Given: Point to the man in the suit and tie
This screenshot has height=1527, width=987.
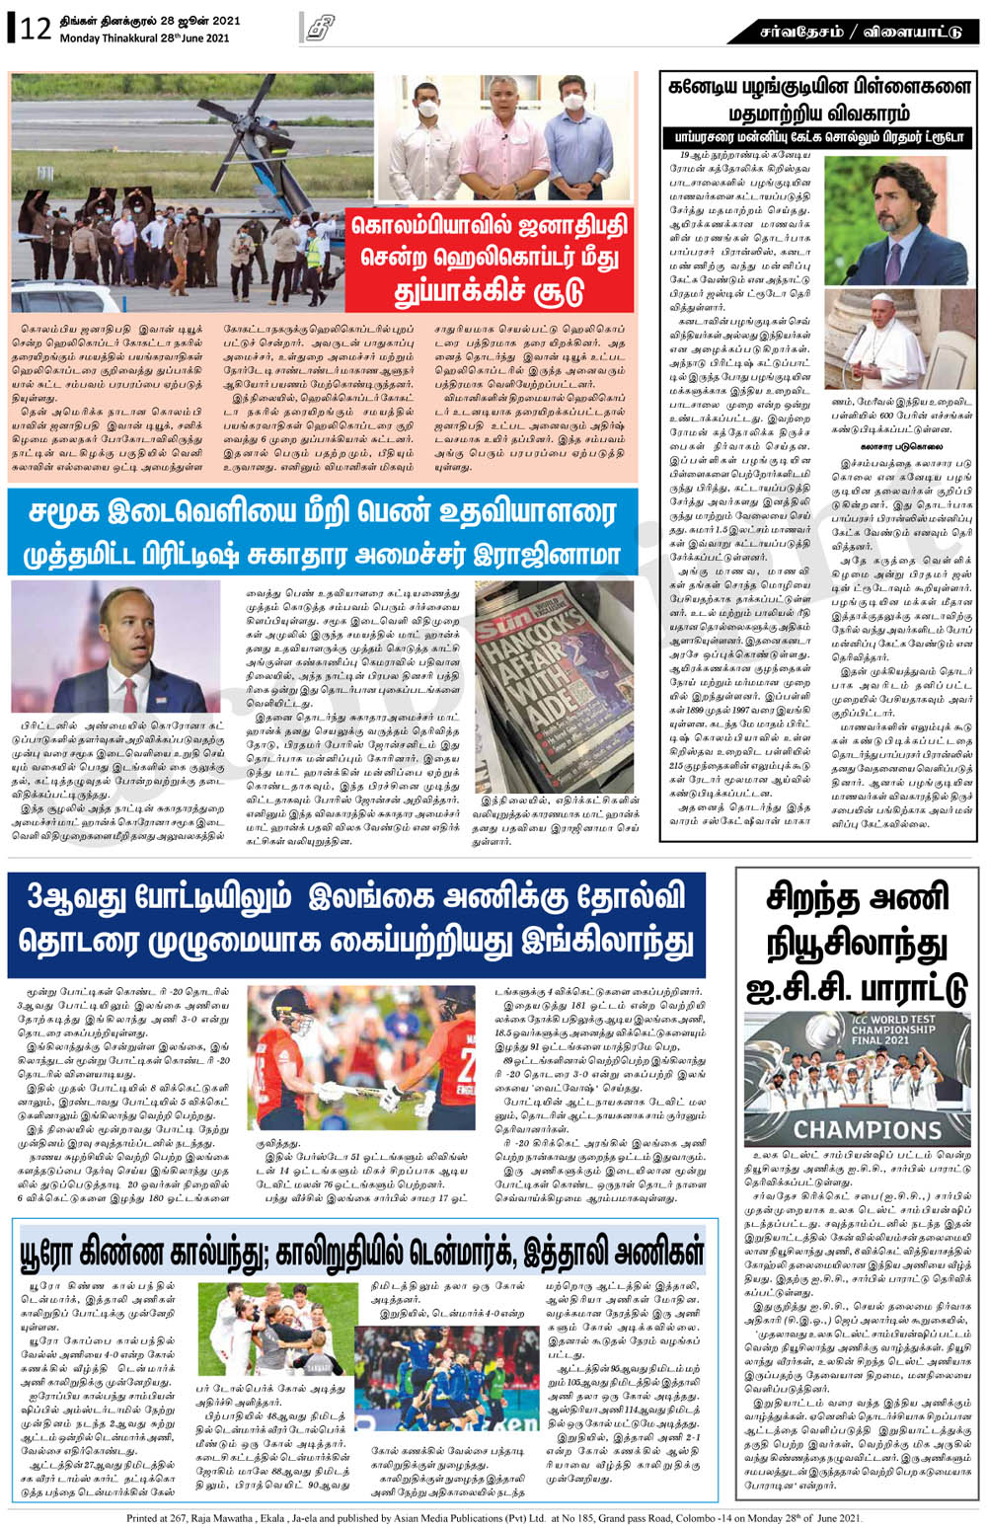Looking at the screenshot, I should point(115,648).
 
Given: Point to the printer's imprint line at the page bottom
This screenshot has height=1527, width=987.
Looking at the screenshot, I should point(493,1517).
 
